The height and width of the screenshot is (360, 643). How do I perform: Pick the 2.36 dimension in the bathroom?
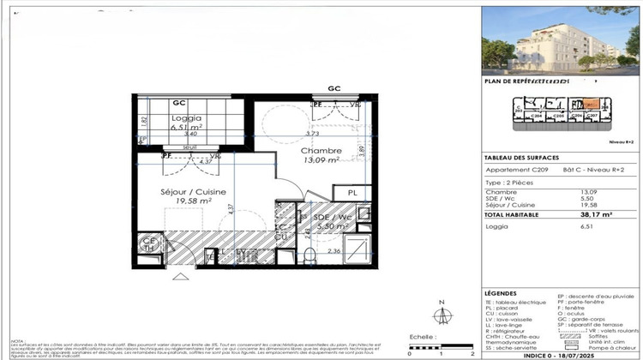[336, 250]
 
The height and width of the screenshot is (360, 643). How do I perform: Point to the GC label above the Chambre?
[334, 89]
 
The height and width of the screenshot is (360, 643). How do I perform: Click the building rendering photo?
[561, 40]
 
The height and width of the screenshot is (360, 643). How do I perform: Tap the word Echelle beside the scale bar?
[420, 339]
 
